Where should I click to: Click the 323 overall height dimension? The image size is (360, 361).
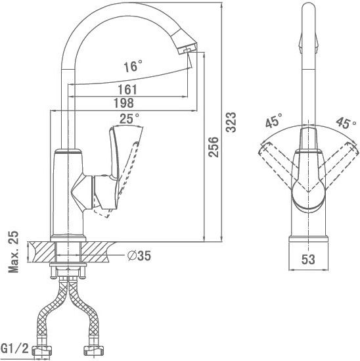(231, 122)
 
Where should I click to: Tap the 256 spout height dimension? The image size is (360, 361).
(214, 147)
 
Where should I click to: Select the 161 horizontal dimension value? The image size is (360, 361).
(127, 89)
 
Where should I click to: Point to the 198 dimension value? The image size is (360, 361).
(124, 103)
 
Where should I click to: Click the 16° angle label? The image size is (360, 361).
(133, 66)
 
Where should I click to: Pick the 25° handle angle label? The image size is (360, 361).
(129, 118)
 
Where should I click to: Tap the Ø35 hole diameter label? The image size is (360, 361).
(139, 256)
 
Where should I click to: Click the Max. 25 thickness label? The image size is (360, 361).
(13, 252)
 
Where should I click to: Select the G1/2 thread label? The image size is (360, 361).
(14, 349)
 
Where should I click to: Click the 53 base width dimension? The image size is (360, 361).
(308, 260)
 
